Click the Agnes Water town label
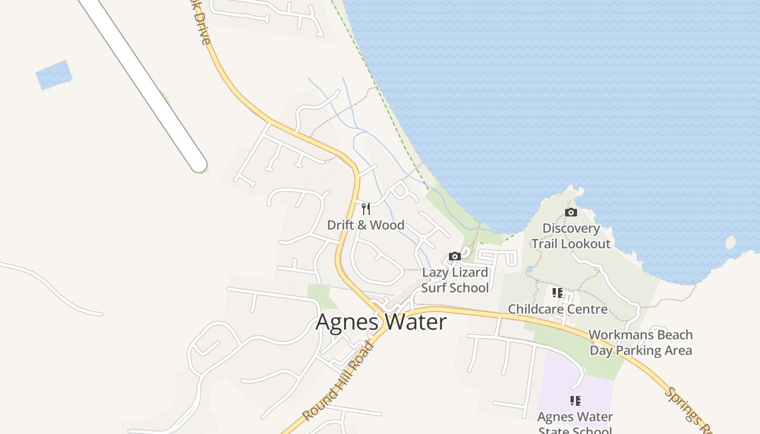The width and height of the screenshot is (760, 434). (x=381, y=322)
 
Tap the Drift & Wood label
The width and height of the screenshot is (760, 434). (x=365, y=225)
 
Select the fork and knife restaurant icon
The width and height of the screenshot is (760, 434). (x=366, y=209)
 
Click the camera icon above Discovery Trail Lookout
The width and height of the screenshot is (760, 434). (x=571, y=212)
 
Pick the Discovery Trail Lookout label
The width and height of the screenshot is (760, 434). (x=571, y=236)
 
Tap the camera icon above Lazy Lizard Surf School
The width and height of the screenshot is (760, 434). (x=455, y=256)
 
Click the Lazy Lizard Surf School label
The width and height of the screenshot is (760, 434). (x=455, y=280)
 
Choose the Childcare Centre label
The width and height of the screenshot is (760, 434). (x=558, y=309)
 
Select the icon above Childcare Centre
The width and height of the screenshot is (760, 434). (x=558, y=293)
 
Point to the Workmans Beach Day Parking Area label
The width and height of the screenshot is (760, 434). (x=641, y=342)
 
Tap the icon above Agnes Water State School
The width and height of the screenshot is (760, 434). (x=575, y=401)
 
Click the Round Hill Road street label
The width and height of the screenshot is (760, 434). (x=338, y=381)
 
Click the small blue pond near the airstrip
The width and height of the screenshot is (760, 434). (x=53, y=75)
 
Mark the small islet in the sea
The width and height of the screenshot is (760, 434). (x=731, y=242)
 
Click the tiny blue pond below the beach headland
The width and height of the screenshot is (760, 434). (x=530, y=269)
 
